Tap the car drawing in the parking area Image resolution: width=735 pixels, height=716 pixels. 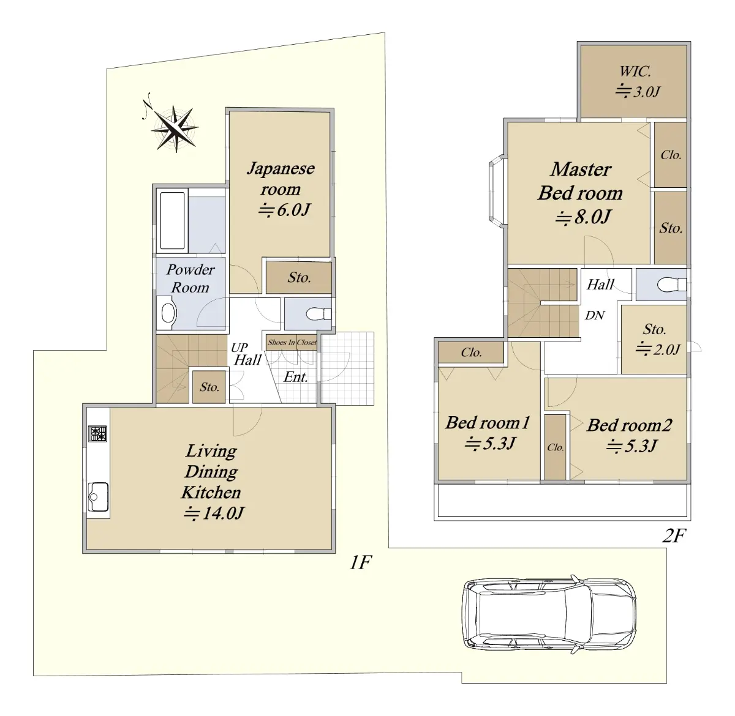tap(549, 615)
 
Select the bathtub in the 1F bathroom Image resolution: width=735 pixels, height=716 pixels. tap(172, 221)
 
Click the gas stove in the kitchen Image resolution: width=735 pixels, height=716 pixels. tap(97, 434)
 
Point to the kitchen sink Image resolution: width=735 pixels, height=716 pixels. tap(98, 497)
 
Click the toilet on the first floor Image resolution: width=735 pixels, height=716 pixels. tap(318, 314)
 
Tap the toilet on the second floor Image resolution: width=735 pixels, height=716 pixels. tap(671, 285)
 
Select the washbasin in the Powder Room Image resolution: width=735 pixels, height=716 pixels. tap(168, 313)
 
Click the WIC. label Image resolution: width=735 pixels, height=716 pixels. tap(635, 72)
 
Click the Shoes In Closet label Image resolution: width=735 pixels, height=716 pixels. tap(292, 342)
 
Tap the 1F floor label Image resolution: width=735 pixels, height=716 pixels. tap(361, 563)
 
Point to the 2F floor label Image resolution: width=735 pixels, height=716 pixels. tap(674, 535)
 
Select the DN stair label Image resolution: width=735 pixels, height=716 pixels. tap(595, 315)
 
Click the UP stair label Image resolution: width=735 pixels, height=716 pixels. tap(239, 347)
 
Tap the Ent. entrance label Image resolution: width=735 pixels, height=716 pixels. tap(296, 377)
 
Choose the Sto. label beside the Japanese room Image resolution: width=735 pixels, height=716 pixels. tap(299, 277)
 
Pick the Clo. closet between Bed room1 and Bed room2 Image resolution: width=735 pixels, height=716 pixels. tap(555, 447)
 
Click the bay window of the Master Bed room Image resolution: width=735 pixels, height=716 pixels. tap(496, 192)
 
